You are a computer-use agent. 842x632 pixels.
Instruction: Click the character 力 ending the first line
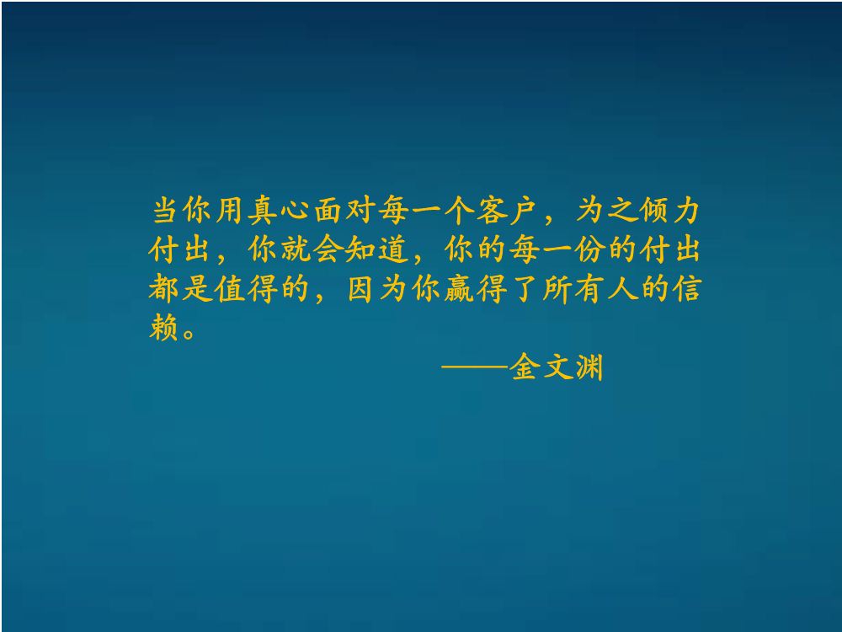tap(684, 210)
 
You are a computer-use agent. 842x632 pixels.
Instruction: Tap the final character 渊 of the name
tap(589, 368)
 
